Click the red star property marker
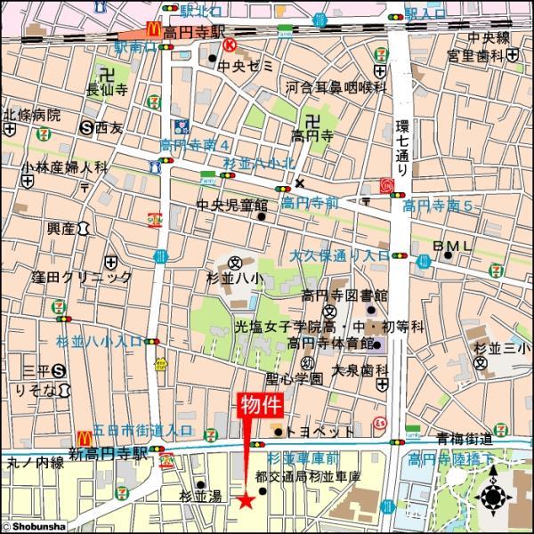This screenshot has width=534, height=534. [x=246, y=500]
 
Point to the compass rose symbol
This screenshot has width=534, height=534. [x=493, y=498]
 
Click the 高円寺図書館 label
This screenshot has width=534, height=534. [x=344, y=295]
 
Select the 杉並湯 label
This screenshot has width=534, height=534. [x=198, y=495]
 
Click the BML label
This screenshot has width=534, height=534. [x=454, y=245]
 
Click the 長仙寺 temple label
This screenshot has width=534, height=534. [x=106, y=87]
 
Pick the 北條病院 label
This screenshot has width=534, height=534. [x=32, y=115]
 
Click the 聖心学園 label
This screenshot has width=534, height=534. [x=296, y=379]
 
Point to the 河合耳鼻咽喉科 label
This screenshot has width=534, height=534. [x=336, y=87]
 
